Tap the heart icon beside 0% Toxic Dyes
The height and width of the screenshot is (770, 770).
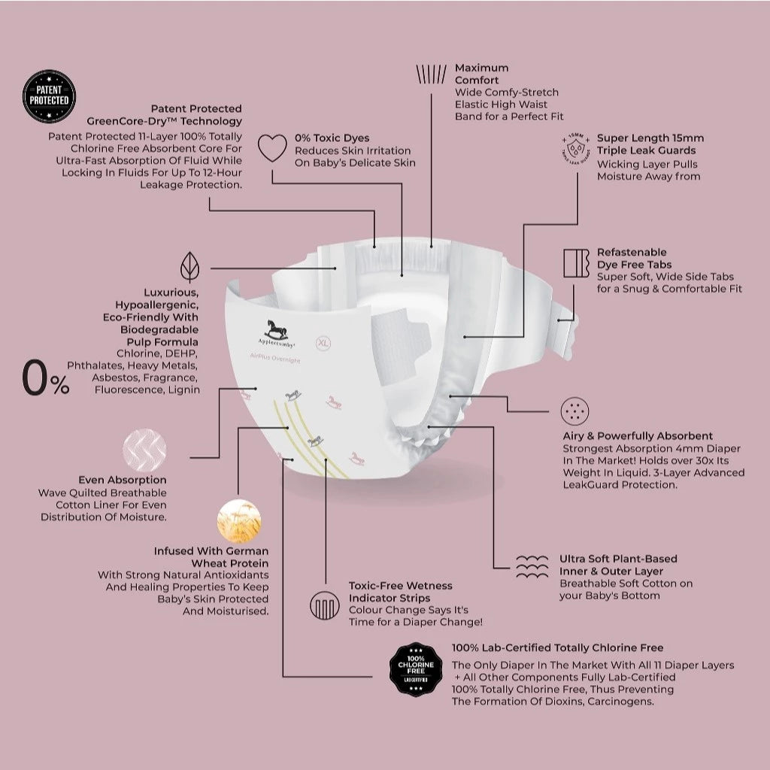click(272, 148)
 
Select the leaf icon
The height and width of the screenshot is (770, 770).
click(189, 268)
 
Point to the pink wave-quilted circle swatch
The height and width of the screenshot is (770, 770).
click(144, 449)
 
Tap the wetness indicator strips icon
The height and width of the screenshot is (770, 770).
click(325, 605)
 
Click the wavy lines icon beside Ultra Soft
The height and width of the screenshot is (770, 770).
click(532, 566)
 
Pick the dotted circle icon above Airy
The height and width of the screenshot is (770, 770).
click(575, 410)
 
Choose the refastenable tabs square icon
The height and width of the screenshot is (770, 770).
click(576, 262)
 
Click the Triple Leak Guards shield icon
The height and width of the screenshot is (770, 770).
click(575, 149)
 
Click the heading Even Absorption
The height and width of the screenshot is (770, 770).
click(123, 480)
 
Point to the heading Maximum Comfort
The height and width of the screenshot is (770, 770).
click(481, 74)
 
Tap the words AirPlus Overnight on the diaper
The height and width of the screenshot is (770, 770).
click(274, 360)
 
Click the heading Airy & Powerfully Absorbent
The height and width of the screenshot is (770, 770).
click(638, 436)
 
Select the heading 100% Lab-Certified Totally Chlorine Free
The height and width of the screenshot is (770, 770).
click(557, 647)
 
